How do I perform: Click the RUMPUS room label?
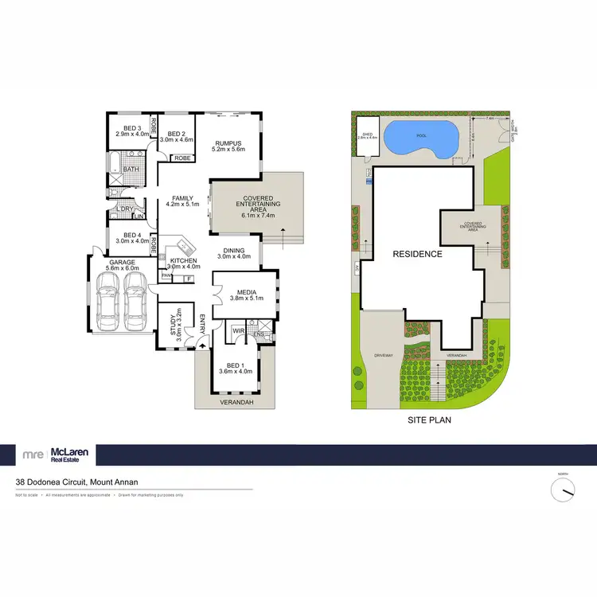point(228,144)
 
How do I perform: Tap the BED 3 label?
point(131,128)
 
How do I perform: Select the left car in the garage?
point(107,301)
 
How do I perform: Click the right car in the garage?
point(134,301)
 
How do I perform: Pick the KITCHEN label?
point(183,260)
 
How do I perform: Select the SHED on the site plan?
point(368,136)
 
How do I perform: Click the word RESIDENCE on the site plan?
point(416,254)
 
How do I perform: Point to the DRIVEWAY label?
point(384,355)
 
